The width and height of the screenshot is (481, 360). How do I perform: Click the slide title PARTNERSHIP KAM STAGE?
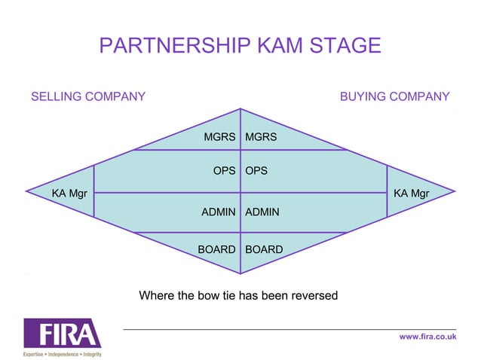(240, 46)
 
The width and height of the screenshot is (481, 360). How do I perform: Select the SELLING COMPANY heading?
(87, 96)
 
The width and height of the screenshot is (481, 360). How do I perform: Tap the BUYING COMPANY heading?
(394, 96)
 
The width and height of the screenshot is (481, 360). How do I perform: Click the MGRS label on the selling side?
(219, 137)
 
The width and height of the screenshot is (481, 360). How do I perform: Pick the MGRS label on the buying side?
(261, 137)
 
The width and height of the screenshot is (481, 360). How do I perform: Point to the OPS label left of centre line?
(224, 171)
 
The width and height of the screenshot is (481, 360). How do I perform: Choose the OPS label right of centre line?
(256, 171)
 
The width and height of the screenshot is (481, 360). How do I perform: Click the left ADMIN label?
(218, 212)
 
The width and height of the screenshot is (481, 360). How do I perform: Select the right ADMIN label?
(262, 212)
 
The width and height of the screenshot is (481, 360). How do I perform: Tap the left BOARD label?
(216, 249)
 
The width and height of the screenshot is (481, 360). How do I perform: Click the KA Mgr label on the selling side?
(69, 194)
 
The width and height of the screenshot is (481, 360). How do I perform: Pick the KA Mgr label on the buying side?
(411, 194)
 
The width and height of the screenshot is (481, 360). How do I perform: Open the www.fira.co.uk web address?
(427, 337)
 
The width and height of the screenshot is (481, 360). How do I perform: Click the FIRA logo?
(62, 334)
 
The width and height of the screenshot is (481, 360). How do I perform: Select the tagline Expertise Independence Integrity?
(62, 353)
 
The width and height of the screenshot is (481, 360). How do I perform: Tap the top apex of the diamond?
(240, 109)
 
